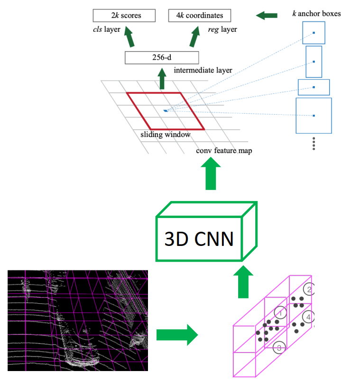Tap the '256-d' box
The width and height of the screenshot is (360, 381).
pyautogui.click(x=161, y=58)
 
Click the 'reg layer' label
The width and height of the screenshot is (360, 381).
pyautogui.click(x=222, y=29)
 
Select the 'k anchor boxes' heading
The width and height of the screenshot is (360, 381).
pyautogui.click(x=316, y=13)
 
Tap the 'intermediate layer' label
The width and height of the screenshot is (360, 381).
pyautogui.click(x=203, y=71)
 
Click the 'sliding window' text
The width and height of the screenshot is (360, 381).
pyautogui.click(x=166, y=135)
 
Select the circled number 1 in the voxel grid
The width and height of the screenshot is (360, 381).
pyautogui.click(x=280, y=312)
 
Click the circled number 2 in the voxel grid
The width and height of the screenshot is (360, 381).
pyautogui.click(x=309, y=290)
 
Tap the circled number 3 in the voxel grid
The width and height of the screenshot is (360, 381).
pyautogui.click(x=279, y=348)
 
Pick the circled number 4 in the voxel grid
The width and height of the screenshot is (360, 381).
pyautogui.click(x=308, y=317)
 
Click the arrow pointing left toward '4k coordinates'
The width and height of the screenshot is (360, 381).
pyautogui.click(x=267, y=16)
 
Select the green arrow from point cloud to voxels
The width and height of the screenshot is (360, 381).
pyautogui.click(x=176, y=335)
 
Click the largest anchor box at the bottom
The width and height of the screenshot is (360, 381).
pyautogui.click(x=314, y=115)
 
